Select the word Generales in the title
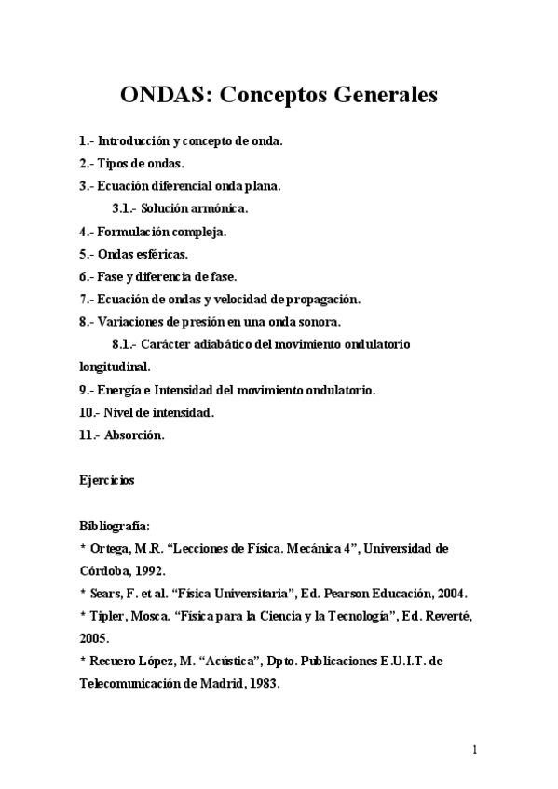tap(383, 96)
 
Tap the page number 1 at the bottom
tap(475, 750)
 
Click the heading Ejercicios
tap(107, 481)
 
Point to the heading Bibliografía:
tap(115, 526)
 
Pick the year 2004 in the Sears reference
tap(447, 593)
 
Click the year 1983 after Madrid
tap(258, 683)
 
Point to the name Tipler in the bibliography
tap(108, 616)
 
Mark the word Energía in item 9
tap(123, 390)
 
